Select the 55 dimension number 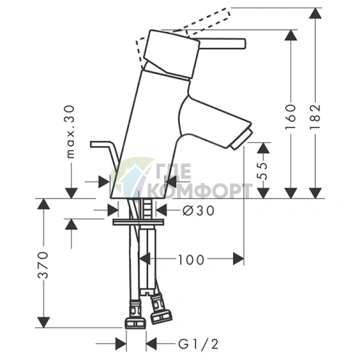click(263, 171)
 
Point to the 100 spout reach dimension click(191, 260)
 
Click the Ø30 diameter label click(198, 210)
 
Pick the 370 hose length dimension click(43, 265)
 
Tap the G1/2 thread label click(198, 344)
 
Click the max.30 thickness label click(70, 132)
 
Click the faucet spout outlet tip click(241, 140)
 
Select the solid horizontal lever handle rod click(223, 43)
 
